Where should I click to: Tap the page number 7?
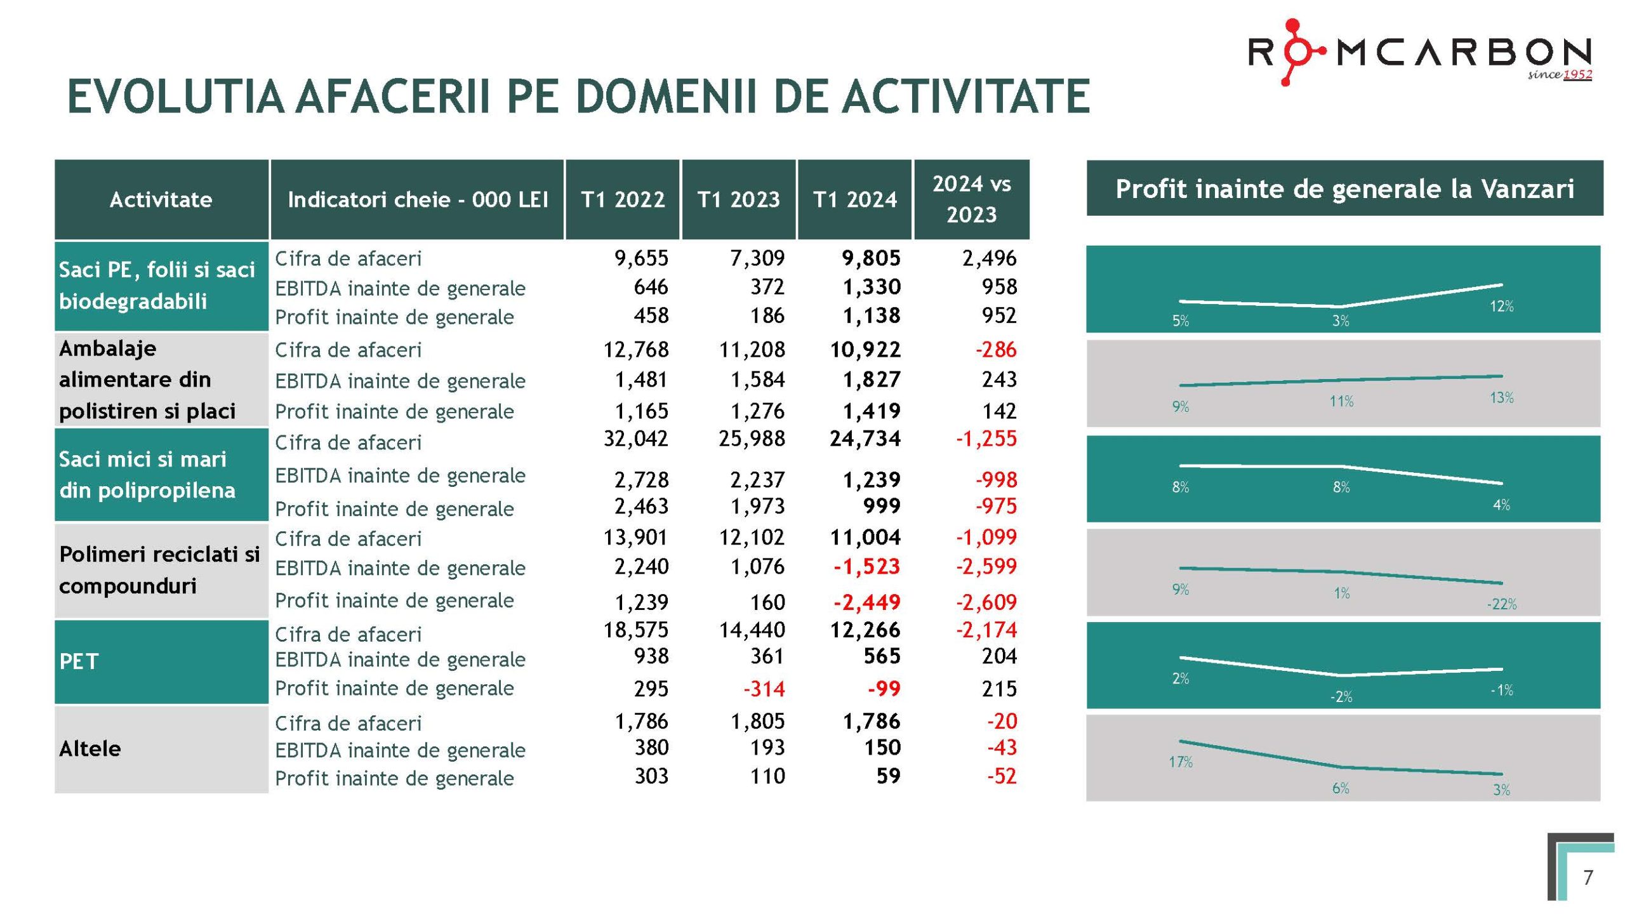tap(1588, 877)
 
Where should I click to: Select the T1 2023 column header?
tap(738, 200)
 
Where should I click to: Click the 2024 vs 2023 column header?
tap(971, 199)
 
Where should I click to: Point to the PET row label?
tap(79, 661)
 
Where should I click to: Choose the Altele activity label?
tap(90, 749)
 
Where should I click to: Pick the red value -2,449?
tap(866, 602)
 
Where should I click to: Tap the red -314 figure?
tap(764, 689)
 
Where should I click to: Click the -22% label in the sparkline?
tap(1501, 604)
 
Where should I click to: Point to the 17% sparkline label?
tap(1181, 762)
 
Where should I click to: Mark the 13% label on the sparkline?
tap(1502, 398)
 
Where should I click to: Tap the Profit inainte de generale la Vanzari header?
tap(1344, 189)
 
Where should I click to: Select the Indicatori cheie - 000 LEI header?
tap(418, 200)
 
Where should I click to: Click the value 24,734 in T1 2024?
tap(865, 439)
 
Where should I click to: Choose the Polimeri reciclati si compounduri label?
tap(159, 570)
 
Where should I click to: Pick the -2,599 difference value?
tap(986, 566)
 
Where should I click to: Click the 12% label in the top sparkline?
tap(1502, 307)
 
